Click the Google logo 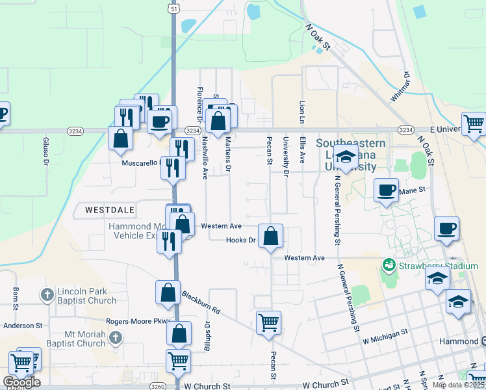pos(21,382)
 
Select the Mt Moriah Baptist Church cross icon pos(115,337)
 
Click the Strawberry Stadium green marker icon pos(389,266)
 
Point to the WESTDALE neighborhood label pos(109,209)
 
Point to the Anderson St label pos(23,325)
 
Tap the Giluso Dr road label pos(46,151)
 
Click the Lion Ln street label pos(301,112)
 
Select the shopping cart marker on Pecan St pos(268,321)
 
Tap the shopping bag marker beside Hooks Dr pos(271,235)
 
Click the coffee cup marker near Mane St pos(387,190)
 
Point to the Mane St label pos(411,190)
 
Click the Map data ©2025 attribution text pos(458,385)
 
